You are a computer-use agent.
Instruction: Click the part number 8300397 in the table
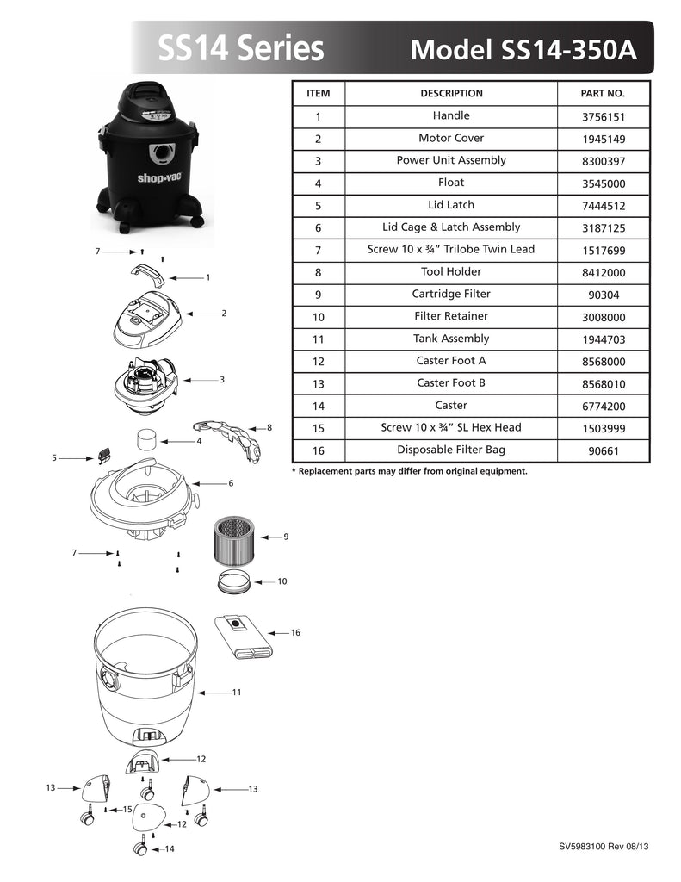click(604, 161)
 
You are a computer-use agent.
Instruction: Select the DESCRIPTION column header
click(452, 93)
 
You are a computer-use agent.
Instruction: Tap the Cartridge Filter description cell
click(451, 295)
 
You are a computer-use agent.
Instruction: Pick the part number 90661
click(604, 451)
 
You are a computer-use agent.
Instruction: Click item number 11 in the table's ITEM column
click(319, 339)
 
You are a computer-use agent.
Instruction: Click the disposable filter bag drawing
click(244, 637)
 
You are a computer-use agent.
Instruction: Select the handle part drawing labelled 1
click(148, 273)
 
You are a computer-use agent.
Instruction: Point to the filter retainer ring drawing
click(234, 581)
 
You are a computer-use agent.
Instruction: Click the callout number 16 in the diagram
click(295, 633)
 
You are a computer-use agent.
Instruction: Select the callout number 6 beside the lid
click(231, 483)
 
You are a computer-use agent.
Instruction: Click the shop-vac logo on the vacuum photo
click(160, 178)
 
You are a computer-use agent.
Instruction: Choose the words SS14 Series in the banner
click(241, 48)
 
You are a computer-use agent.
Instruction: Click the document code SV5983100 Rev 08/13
click(604, 847)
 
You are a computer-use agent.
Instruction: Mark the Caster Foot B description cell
click(451, 383)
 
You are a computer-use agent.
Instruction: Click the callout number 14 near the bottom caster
click(170, 848)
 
